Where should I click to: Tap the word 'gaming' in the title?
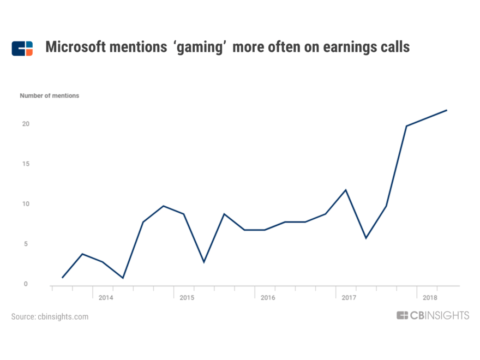199,47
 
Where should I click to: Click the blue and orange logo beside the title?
22,48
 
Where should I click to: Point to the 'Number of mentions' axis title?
50,95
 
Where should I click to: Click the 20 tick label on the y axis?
25,124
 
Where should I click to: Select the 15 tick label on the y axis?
25,164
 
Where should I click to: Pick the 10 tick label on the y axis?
25,204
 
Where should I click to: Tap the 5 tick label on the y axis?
25,244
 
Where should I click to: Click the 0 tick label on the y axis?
25,284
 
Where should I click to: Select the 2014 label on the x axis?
106,298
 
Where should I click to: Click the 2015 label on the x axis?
187,298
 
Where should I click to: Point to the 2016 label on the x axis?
268,298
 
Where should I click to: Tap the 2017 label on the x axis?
349,298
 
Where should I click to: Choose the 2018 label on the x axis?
430,298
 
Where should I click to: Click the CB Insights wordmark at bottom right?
433,315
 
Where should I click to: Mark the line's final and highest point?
447,110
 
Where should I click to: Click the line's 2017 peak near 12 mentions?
346,190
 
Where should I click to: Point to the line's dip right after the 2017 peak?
366,238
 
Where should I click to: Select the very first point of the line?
62,278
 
